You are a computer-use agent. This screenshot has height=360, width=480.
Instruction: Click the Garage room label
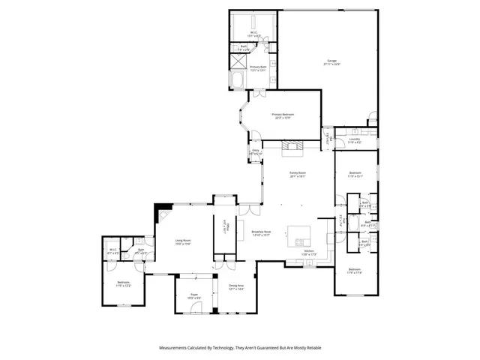point(331,62)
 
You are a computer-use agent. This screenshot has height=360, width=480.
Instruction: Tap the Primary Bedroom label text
point(283,116)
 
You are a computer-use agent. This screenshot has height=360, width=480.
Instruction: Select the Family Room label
point(298,175)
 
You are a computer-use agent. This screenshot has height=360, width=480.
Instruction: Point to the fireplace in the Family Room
point(294,147)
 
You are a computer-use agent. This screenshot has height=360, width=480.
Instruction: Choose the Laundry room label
point(355,139)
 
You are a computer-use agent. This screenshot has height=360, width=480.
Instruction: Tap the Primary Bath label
point(259,68)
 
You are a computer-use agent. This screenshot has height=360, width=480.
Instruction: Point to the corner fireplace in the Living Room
point(157,214)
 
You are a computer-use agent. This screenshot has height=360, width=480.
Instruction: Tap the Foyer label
point(193,296)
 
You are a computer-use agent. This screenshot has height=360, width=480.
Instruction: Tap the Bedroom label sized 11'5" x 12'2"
point(124,283)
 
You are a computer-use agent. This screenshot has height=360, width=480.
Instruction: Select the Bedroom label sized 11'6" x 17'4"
point(355,271)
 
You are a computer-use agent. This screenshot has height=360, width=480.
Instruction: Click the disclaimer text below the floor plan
point(240,348)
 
